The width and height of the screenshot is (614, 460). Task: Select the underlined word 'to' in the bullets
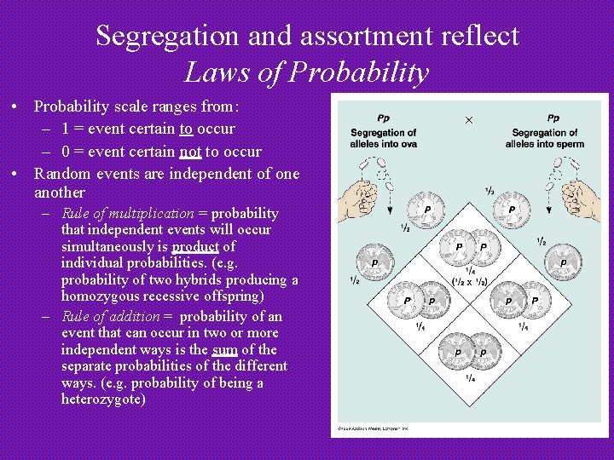pos(185,129)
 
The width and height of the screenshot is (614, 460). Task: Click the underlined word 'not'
pos(190,152)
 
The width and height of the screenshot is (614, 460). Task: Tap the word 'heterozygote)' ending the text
pos(103,400)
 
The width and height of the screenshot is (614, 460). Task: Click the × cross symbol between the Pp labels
pos(468,121)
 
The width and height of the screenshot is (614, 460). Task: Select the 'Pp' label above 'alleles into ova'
pos(383,118)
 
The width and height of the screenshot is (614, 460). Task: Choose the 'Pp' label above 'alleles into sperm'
pos(553,118)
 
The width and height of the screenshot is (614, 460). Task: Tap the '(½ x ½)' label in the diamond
pos(470,282)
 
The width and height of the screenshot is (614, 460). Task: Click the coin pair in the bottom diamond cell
pos(470,351)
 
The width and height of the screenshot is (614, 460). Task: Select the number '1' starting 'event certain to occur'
pos(66,129)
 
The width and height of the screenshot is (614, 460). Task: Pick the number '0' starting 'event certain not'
pos(66,152)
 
